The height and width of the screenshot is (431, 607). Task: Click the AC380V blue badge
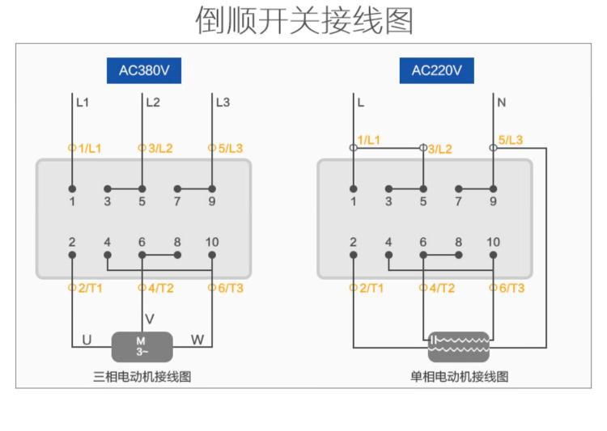tap(144, 70)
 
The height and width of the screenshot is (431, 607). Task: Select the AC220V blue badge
tap(436, 70)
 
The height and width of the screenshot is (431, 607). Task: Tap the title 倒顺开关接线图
tap(303, 21)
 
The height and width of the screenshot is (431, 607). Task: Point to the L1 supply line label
tap(83, 103)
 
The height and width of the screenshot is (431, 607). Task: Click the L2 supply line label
tap(153, 103)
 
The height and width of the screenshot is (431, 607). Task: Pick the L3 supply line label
tap(223, 103)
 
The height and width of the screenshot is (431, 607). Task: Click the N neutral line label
tap(502, 103)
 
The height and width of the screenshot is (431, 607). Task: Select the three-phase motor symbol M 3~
tap(142, 346)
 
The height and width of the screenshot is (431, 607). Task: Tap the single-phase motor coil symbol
tap(459, 346)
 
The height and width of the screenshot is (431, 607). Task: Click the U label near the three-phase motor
tap(87, 340)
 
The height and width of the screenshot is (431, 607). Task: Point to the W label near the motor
tap(197, 340)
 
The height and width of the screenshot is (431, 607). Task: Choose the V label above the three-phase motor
tap(149, 318)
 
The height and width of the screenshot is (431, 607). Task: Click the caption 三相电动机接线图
tap(142, 377)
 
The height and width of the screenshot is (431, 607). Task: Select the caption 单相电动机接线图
tap(459, 377)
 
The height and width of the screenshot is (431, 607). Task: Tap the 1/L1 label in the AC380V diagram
tap(88, 149)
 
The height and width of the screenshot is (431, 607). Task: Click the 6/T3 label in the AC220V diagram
tap(510, 288)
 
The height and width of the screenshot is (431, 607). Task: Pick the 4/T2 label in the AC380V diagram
tap(159, 288)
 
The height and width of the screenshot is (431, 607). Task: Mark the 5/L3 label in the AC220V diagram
tap(510, 140)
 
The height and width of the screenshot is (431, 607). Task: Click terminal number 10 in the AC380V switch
tap(212, 241)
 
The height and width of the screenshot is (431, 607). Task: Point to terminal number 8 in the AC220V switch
tap(458, 241)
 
